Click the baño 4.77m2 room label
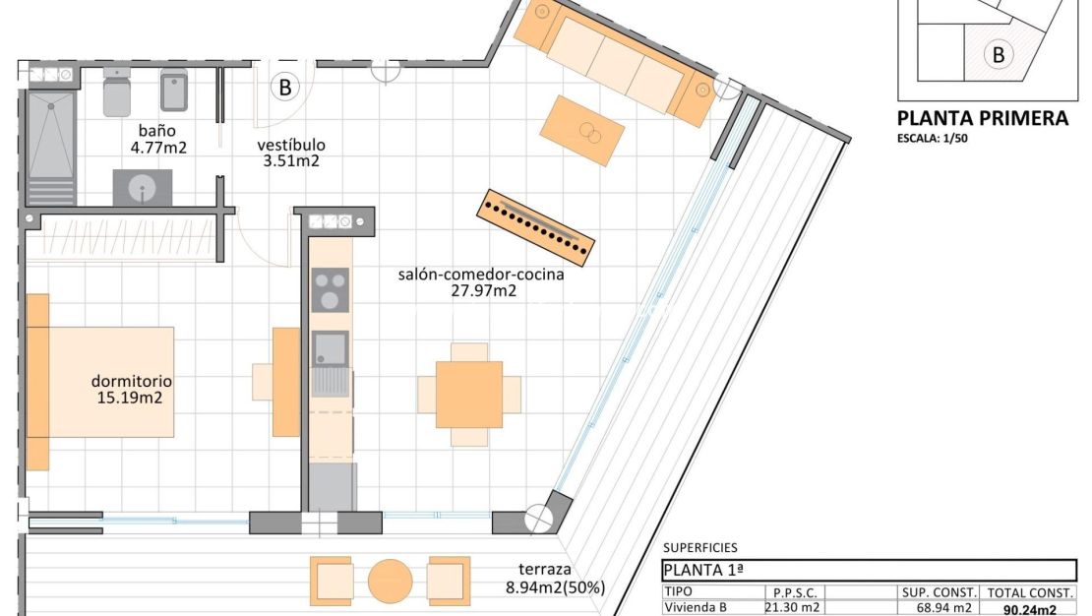tap(157, 139)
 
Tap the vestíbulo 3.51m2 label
tap(291, 154)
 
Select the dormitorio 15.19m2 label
tap(131, 390)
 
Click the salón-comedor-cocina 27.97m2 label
tap(481, 282)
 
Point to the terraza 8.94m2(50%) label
tap(555, 579)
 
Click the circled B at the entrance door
tap(285, 88)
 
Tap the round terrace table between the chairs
tap(391, 581)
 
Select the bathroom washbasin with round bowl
tap(143, 187)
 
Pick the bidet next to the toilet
tap(174, 91)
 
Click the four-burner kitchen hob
tap(331, 289)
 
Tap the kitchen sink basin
tap(330, 348)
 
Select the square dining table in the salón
tap(469, 394)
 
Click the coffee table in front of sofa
tap(583, 131)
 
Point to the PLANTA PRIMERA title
tap(982, 118)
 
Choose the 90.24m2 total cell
tap(1030, 609)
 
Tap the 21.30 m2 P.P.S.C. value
tap(791, 608)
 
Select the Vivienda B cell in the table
tap(696, 608)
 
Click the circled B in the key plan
tap(999, 55)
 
